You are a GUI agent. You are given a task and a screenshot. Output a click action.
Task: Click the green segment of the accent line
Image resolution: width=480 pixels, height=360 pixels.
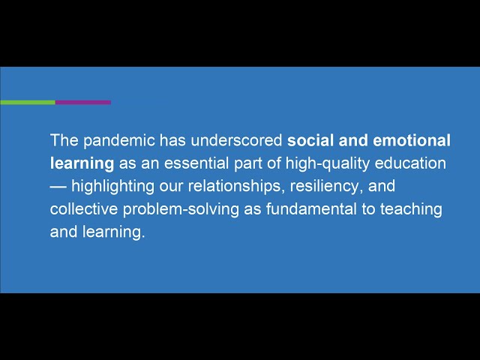pos(28,102)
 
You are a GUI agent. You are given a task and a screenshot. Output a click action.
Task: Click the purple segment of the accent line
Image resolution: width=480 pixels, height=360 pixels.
pos(83,102)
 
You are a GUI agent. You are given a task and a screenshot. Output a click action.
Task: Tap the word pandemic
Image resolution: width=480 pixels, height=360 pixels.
pos(119,141)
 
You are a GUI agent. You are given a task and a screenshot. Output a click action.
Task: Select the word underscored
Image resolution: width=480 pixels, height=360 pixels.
pos(236,140)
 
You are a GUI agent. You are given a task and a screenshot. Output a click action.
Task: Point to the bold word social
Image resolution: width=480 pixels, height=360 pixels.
pos(310,140)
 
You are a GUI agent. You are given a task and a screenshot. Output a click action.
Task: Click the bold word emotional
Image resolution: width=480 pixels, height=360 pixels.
pos(412,140)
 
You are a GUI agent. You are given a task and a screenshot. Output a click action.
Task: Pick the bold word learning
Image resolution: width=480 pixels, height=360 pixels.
pos(82,163)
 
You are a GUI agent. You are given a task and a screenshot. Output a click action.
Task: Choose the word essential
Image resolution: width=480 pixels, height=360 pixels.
pos(196,163)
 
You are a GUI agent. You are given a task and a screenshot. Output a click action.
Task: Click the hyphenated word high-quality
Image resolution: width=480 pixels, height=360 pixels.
pos(328,163)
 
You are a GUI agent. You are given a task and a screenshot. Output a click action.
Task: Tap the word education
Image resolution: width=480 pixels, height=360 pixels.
pos(410,163)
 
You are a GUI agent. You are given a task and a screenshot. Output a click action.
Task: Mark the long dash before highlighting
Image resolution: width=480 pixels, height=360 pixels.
pos(58,187)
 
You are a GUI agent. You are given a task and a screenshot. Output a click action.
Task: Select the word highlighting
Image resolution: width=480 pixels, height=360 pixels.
pos(113,187)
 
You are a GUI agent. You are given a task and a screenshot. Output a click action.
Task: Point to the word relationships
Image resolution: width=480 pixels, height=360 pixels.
pos(235,187)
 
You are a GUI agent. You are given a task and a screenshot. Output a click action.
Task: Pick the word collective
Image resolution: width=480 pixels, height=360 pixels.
pos(84,209)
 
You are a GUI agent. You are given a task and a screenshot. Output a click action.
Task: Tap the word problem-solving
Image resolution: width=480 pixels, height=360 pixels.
pos(181,210)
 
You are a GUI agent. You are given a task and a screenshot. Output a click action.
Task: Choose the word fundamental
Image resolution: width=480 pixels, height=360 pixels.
pos(311,209)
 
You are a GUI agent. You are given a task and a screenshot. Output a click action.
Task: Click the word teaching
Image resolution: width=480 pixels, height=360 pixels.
pos(411,210)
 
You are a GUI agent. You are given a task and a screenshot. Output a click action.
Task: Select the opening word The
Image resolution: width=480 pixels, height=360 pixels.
pos(64,140)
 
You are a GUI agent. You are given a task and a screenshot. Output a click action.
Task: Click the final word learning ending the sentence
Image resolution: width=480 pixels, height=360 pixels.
pos(113,232)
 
